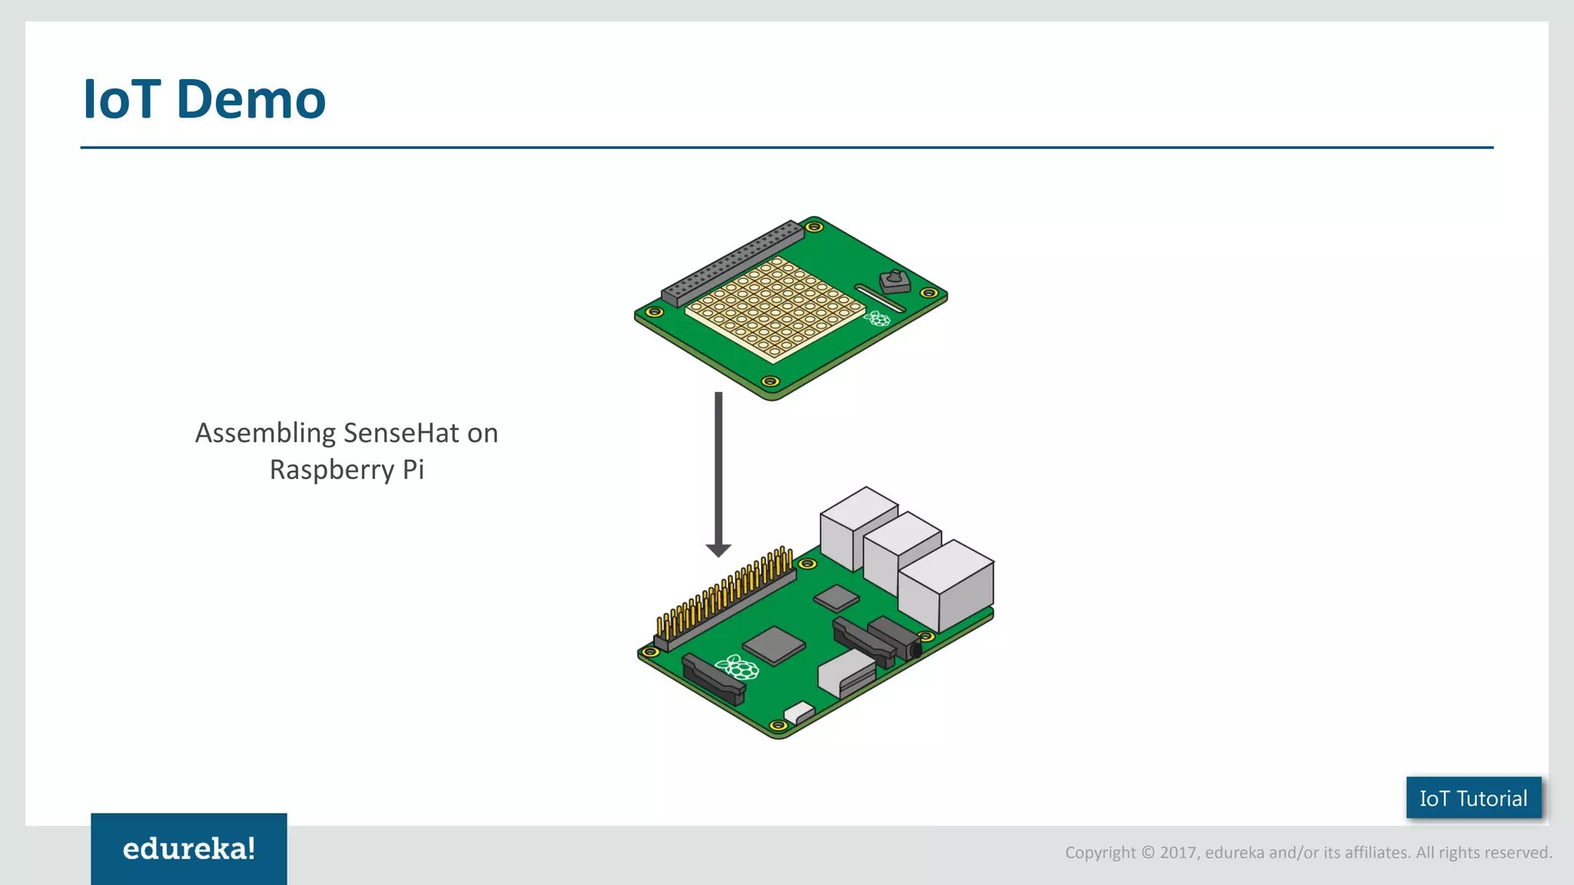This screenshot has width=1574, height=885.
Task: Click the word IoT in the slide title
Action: pos(121,100)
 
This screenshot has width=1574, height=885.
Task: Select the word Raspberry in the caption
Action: pos(331,469)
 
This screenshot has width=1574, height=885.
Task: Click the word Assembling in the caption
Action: pos(265,433)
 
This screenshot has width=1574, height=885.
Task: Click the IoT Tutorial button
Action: pos(1473,798)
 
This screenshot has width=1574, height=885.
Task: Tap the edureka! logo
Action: pos(188,849)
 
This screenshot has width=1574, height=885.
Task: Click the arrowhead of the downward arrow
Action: pos(719,550)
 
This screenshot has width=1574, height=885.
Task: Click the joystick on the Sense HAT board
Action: pos(894,280)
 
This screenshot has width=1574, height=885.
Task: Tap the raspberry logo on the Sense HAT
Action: pos(877,318)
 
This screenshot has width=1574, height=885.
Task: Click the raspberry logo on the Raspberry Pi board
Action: pos(737,667)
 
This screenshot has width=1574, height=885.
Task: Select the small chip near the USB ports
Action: pos(836,597)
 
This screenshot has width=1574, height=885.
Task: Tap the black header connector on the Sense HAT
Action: pos(732,262)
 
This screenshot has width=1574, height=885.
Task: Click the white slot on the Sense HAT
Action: pos(879,298)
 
